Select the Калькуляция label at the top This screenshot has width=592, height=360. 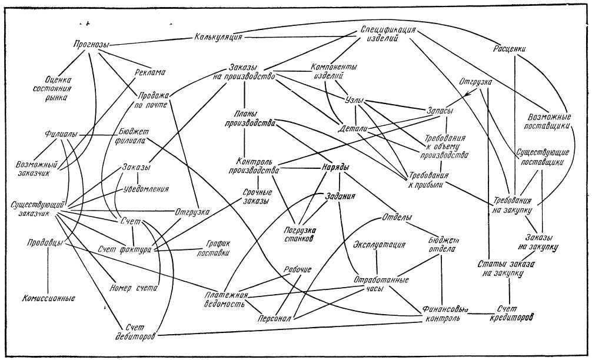coord(218,38)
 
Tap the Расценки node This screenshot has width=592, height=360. coord(509,49)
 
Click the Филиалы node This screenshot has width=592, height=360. coord(61,134)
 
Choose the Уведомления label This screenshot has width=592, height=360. coord(147,189)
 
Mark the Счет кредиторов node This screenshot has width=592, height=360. coord(510,312)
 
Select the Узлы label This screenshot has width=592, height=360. coord(352,99)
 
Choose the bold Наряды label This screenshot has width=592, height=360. coord(335,167)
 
